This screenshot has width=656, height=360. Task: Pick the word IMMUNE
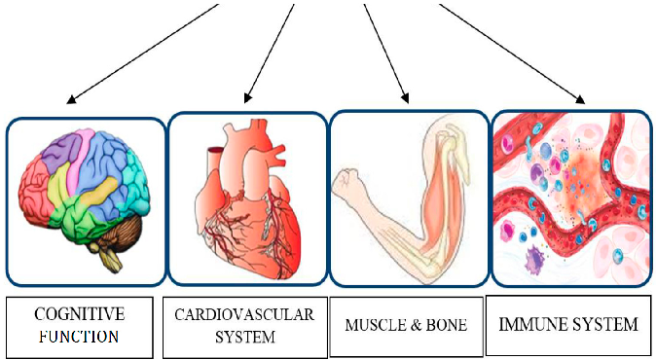coord(535,322)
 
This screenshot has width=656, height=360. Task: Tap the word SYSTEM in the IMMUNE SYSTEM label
coord(605,322)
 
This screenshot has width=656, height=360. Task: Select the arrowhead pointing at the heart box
coord(248,98)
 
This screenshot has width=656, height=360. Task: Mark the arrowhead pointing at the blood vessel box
coord(581,98)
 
